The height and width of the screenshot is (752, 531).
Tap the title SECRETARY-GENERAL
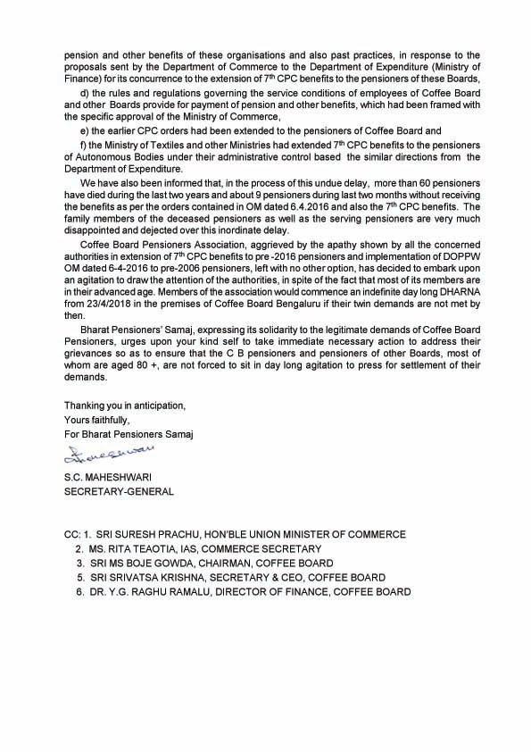click(110, 490)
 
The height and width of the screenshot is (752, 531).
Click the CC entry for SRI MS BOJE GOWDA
click(146, 563)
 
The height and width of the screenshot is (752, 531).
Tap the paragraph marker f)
click(84, 145)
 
